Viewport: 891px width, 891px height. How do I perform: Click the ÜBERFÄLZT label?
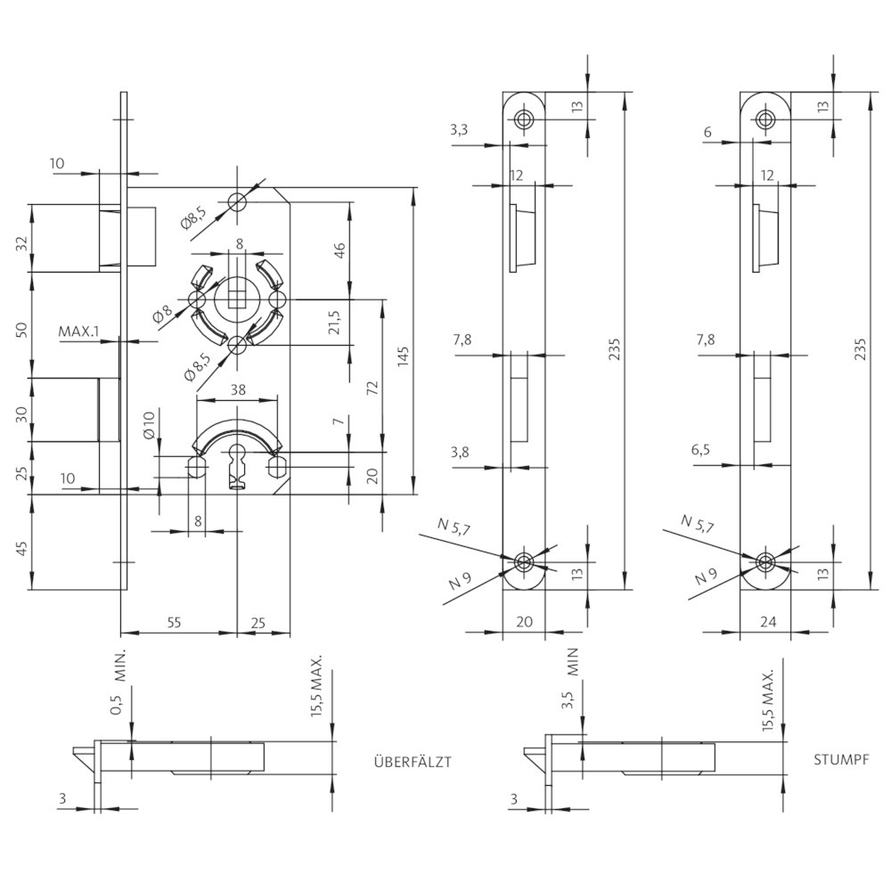(413, 761)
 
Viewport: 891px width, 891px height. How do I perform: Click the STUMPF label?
(841, 760)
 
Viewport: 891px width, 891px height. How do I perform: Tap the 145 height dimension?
(403, 357)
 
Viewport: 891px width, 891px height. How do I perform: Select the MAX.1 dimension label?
(79, 331)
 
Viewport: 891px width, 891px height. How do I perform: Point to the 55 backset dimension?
(174, 622)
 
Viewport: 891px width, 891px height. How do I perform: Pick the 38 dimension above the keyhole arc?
(238, 389)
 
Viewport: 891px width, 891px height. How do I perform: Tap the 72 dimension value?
(372, 388)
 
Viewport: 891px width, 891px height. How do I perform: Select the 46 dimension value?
(339, 250)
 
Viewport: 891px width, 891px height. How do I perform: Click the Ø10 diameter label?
(148, 425)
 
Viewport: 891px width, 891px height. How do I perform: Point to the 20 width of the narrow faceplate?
(525, 622)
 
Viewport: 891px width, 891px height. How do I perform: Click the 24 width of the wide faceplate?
(768, 622)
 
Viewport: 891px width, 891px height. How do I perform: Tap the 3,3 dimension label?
(459, 130)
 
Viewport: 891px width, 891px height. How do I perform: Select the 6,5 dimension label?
(700, 449)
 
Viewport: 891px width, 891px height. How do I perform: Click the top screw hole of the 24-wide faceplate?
(765, 119)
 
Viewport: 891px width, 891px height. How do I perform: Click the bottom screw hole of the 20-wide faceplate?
(523, 561)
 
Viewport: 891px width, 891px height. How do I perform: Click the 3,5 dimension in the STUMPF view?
(567, 700)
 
